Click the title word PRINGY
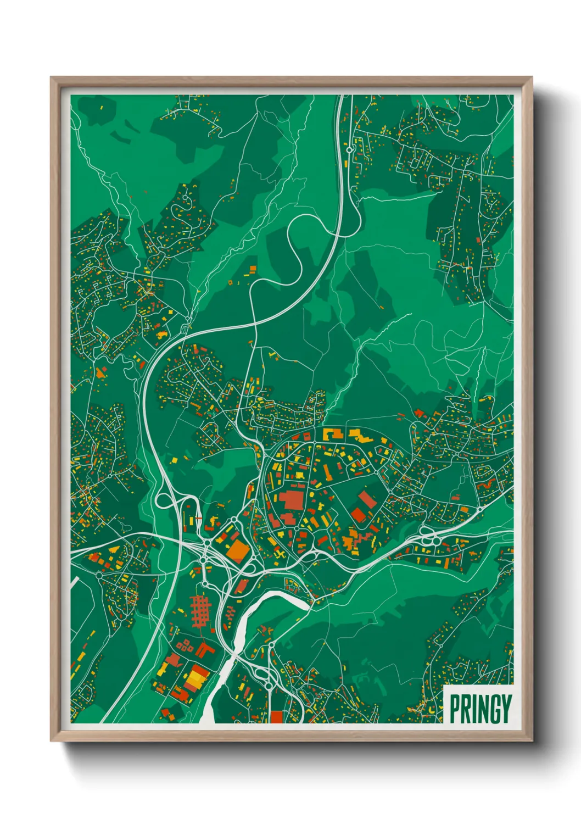coord(481,709)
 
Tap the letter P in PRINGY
coord(455,709)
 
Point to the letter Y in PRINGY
coord(506,709)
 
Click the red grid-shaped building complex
coord(202,610)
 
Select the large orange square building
coord(238,550)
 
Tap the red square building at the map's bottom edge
coord(276,717)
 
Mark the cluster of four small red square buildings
coord(185,645)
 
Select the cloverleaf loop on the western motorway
coord(164,500)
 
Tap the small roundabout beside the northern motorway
coord(349,148)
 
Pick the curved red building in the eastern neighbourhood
coord(485,485)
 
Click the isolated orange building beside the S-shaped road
coord(253,269)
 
